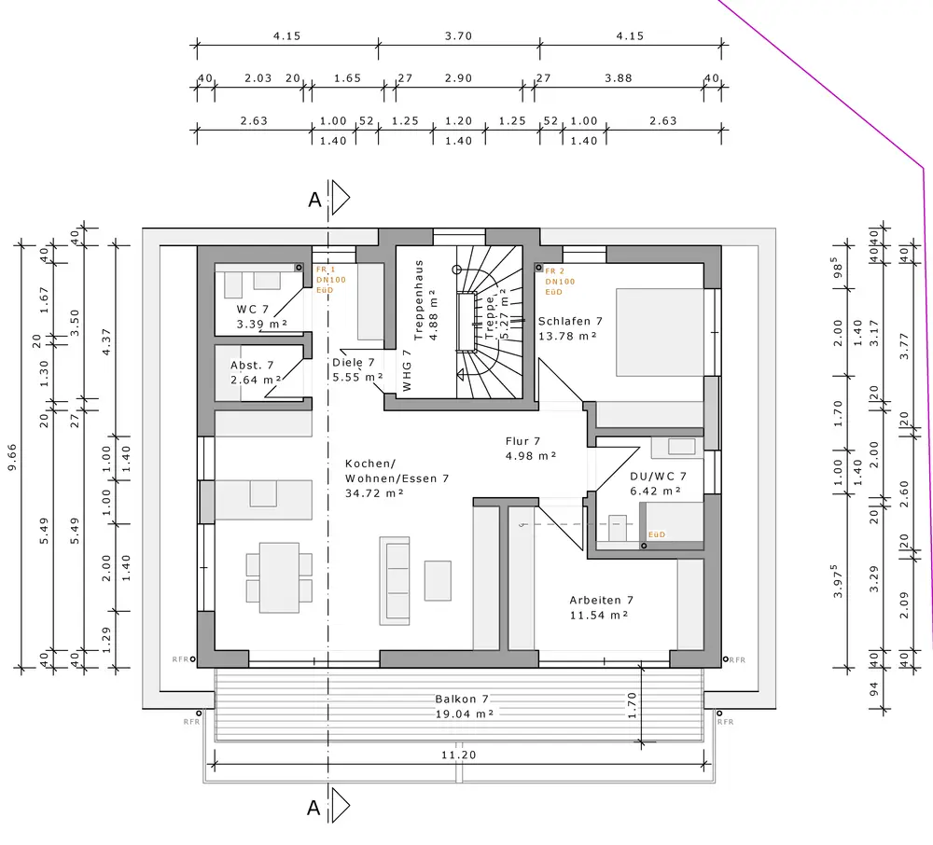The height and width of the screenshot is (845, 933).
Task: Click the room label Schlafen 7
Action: pyautogui.click(x=570, y=321)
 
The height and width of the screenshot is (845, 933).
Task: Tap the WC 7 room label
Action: pyautogui.click(x=252, y=309)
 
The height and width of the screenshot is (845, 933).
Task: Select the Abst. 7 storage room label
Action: pyautogui.click(x=252, y=366)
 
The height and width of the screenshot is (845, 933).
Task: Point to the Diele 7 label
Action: pyautogui.click(x=353, y=363)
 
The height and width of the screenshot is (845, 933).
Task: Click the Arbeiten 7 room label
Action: pyautogui.click(x=602, y=601)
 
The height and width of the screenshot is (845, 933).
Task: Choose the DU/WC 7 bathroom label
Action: pyautogui.click(x=658, y=477)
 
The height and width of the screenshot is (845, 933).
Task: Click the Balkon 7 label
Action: pyautogui.click(x=462, y=700)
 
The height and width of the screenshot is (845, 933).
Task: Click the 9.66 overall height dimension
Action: pyautogui.click(x=13, y=456)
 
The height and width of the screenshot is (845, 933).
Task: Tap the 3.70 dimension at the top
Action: pyautogui.click(x=458, y=36)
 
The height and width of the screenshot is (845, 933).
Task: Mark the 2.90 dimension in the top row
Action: pyautogui.click(x=458, y=78)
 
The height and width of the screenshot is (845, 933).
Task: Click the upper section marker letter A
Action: pyautogui.click(x=315, y=200)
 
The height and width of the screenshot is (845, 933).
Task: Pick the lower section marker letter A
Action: pyautogui.click(x=314, y=809)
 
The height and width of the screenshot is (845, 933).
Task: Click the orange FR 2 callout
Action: pyautogui.click(x=554, y=271)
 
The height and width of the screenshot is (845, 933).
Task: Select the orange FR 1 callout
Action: pyautogui.click(x=326, y=270)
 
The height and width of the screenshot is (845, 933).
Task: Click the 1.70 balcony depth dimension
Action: pyautogui.click(x=633, y=704)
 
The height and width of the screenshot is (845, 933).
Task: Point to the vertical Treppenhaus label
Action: pyautogui.click(x=420, y=300)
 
